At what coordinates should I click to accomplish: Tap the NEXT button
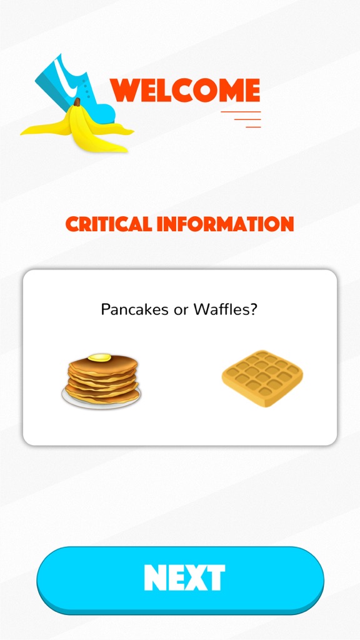pos(180,579)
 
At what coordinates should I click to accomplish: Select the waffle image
pos(262,378)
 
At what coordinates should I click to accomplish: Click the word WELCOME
pos(185,90)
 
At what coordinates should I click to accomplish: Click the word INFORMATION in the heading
pos(226,224)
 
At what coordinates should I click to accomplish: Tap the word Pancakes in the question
pos(136,309)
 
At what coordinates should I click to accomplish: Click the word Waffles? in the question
pos(226,309)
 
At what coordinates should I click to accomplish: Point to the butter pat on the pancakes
pos(99,358)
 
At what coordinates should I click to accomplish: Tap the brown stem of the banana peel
pos(77,102)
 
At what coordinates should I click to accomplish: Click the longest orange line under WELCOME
pos(241,111)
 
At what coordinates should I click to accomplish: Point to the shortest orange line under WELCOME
pos(253,127)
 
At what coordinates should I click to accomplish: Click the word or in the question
pos(182,310)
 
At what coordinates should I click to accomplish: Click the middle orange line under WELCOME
pos(247,119)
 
